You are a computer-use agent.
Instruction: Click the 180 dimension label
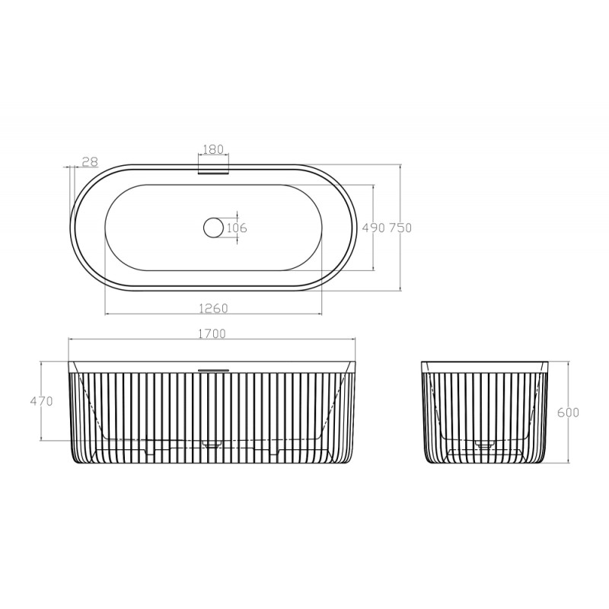pos(214,149)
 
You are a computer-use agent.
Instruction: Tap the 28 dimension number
pos(90,161)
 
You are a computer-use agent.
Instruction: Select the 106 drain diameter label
pos(237,227)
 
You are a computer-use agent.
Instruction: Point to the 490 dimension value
pos(373,228)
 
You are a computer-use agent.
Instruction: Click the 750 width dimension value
pos(400,228)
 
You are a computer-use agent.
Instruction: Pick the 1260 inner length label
pos(213,308)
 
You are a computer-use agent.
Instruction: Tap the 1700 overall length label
pos(212,333)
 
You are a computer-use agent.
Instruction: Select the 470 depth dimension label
pos(42,401)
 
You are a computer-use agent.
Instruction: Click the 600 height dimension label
pos(568,413)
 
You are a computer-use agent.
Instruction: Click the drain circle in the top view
pos(213,228)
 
